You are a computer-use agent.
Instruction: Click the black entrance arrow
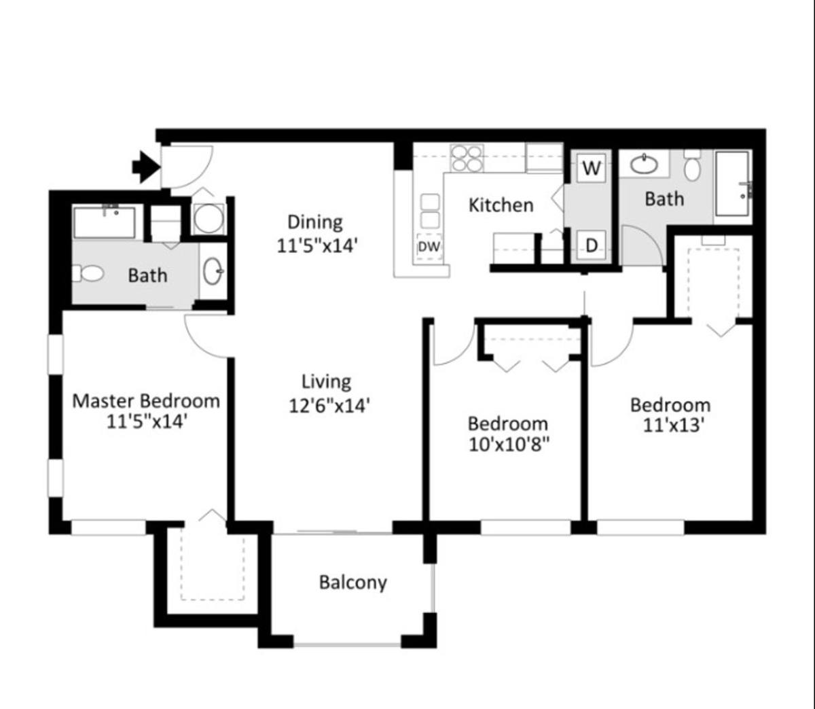click(146, 167)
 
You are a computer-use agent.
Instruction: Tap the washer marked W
click(592, 168)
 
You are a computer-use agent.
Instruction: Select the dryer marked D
click(592, 245)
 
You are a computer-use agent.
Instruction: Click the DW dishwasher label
click(429, 247)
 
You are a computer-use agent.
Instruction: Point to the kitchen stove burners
click(467, 158)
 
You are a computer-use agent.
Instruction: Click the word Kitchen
click(501, 205)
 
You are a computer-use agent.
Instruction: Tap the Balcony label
click(353, 583)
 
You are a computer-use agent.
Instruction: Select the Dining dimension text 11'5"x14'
click(315, 245)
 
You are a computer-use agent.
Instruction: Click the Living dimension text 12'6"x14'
click(329, 406)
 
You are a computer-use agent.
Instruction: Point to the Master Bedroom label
click(146, 401)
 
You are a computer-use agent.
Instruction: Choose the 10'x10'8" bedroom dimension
click(509, 445)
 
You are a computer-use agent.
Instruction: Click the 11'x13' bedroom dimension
click(672, 426)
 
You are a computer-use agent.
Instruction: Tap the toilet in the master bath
click(88, 274)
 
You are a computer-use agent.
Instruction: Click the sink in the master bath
click(213, 271)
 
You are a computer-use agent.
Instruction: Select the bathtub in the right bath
click(732, 184)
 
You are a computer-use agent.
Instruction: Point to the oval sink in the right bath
click(644, 165)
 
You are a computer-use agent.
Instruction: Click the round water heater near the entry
click(209, 218)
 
